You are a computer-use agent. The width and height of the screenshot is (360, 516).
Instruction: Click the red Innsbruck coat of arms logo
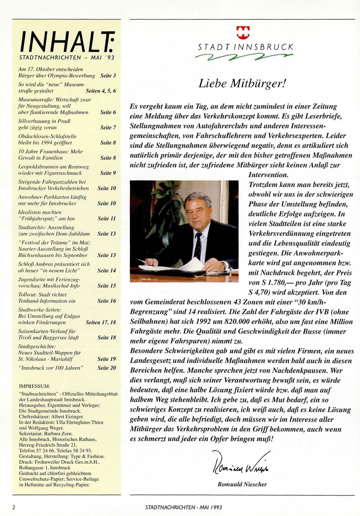pos(243,32)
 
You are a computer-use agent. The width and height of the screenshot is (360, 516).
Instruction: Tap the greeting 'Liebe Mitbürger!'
pos(242,83)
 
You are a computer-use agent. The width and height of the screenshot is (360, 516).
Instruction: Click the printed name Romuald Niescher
pos(242,484)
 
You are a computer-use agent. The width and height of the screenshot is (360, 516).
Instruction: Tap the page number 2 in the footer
pos(14,507)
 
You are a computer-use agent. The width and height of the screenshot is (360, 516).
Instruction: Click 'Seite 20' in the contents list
pos(107,368)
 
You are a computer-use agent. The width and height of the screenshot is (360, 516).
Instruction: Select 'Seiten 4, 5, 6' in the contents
pos(101,91)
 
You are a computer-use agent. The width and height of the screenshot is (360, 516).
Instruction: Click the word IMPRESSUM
pos(34,386)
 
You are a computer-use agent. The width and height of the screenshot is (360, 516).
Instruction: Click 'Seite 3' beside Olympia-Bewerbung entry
pos(108,76)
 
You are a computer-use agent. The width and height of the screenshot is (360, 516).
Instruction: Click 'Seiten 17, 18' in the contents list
pos(101,322)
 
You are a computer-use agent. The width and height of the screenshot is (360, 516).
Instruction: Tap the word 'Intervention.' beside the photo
pos(268,175)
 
